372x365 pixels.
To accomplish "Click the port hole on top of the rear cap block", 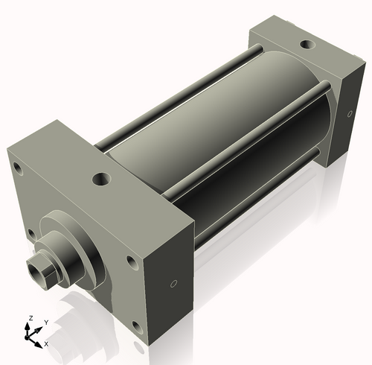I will [307, 44].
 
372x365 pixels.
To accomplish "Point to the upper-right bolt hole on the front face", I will [132, 262].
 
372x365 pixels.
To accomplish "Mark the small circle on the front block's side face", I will [173, 284].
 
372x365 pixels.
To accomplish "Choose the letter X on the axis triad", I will [46, 344].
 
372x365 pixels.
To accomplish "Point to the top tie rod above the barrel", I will [186, 81].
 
